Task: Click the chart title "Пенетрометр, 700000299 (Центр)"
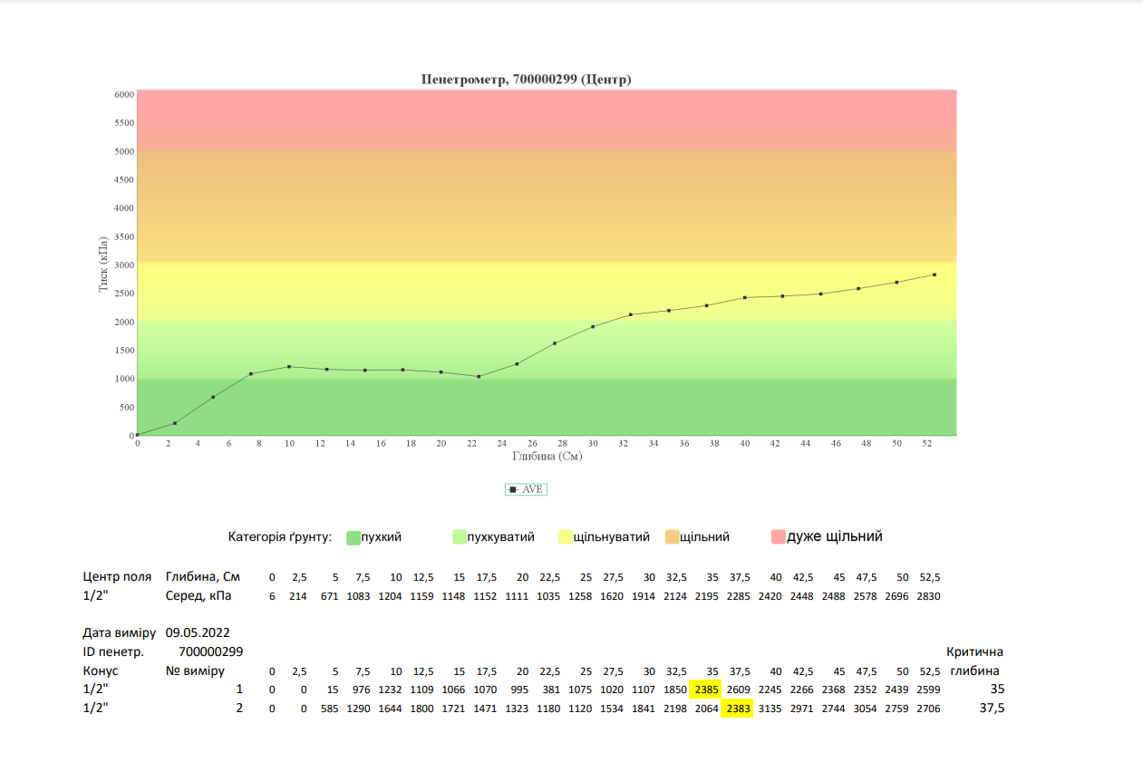526,80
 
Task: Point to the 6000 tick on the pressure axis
123,94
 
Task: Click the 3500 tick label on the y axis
123,236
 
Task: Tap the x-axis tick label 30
593,444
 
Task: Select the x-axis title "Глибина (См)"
547,457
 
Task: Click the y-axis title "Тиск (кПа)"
104,264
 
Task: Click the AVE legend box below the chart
526,489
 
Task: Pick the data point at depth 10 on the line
289,367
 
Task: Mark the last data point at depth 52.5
934,275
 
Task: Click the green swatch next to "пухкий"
354,537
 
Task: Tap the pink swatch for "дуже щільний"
778,537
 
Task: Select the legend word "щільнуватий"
612,537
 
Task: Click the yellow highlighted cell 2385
705,689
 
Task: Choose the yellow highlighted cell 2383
738,709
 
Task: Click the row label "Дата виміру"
119,632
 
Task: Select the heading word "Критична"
974,652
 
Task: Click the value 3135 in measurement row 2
770,709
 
